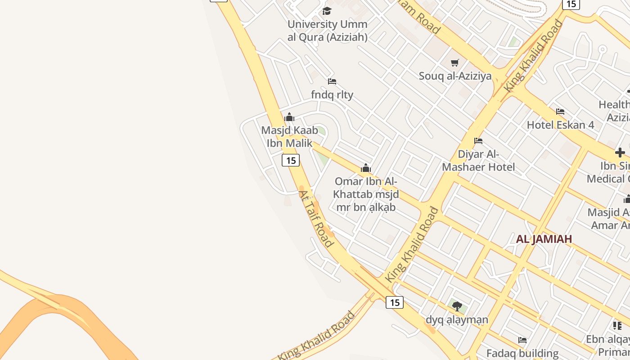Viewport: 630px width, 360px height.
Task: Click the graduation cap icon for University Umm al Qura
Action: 327,11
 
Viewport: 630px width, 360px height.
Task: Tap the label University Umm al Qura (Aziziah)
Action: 328,31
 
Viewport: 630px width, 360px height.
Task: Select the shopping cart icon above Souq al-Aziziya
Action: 455,63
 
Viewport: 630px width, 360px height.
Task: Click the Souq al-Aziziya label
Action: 455,76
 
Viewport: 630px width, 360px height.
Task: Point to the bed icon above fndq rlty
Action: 332,81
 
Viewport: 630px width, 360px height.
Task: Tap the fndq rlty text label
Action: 332,95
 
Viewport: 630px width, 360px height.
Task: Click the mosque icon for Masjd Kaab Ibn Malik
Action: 289,117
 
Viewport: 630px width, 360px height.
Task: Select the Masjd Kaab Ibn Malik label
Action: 289,137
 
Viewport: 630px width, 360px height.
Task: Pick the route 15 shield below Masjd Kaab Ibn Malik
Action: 291,160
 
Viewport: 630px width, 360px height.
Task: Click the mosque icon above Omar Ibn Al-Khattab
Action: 365,168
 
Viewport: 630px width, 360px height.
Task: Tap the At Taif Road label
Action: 316,219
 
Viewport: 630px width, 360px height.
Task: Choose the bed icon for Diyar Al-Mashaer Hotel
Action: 478,141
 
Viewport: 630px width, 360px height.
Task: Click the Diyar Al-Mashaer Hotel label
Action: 478,161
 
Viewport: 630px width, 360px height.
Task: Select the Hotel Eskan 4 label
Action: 560,125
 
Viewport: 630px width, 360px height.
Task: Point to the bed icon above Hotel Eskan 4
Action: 560,111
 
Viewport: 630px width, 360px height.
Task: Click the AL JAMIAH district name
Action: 544,239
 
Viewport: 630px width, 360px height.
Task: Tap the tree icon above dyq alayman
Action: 457,306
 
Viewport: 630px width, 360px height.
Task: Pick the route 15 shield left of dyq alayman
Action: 395,302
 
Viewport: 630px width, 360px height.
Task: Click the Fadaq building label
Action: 522,353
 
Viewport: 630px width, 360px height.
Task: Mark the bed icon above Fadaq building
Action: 522,340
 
